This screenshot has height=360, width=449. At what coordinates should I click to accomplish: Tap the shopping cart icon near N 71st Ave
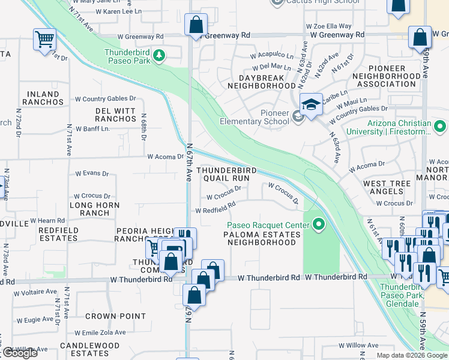pos(44,40)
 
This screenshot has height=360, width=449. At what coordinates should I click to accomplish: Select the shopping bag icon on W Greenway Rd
pos(196,26)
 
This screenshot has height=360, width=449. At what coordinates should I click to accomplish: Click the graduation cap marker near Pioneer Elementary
pos(310,105)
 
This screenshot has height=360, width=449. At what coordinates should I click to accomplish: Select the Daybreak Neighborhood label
pos(259,82)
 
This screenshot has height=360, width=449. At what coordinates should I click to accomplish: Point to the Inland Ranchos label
pos(43,98)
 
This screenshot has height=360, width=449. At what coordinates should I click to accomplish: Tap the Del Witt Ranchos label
pos(116,115)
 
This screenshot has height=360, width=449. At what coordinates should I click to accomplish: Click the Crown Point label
pos(115,316)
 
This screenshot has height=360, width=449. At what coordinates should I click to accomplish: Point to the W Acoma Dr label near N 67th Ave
pos(165,157)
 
